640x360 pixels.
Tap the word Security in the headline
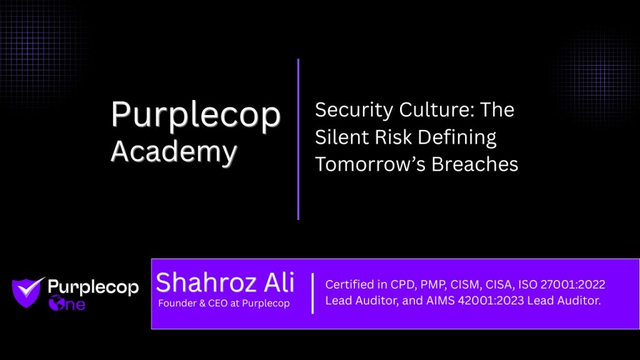point(354,111)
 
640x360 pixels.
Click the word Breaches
point(475,164)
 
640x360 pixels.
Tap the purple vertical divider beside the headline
point(298,139)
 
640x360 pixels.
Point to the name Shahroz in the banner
point(206,282)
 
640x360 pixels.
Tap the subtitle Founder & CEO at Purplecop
point(224,303)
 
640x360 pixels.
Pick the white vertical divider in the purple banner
point(312,294)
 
